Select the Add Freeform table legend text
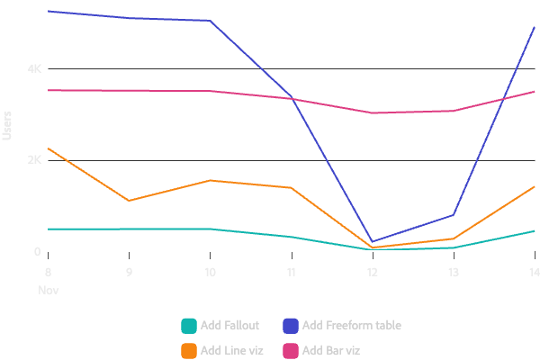click(352, 325)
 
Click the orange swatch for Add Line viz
click(189, 350)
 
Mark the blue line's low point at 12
click(373, 241)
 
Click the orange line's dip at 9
click(129, 201)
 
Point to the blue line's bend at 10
click(210, 20)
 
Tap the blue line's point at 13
click(454, 215)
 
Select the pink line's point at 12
click(373, 112)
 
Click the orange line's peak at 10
click(210, 180)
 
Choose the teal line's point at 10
click(210, 229)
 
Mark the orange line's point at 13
click(454, 238)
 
